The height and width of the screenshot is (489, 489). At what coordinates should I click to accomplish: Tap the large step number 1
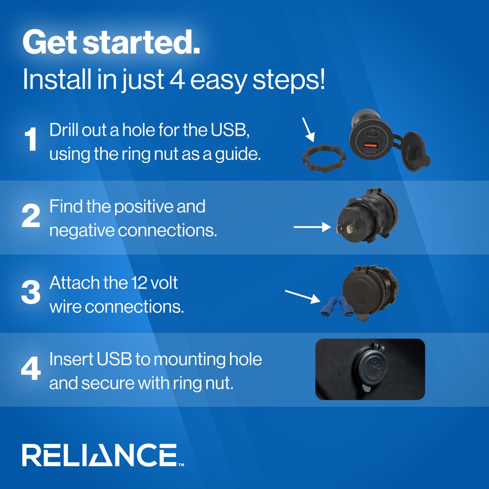click(x=31, y=139)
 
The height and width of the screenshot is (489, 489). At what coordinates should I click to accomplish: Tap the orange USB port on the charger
click(x=371, y=145)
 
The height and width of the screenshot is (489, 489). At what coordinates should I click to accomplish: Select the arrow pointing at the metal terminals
click(x=312, y=227)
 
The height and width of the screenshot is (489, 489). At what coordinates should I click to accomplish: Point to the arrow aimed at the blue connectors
click(x=302, y=297)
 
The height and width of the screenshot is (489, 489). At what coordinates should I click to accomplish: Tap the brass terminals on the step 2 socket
click(x=345, y=228)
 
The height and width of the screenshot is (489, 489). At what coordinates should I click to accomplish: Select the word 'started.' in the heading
click(x=141, y=42)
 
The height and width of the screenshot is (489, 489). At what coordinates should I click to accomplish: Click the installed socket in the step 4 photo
click(x=370, y=368)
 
